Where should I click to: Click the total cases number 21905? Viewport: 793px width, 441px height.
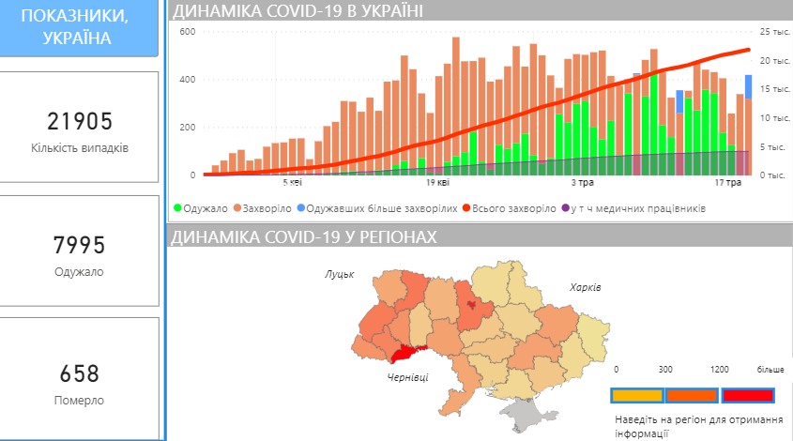tap(80, 121)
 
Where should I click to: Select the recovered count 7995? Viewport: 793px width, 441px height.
tap(80, 246)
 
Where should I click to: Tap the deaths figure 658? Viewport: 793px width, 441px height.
tap(80, 373)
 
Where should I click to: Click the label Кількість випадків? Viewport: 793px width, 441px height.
tap(80, 148)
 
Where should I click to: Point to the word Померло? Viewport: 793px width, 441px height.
tap(80, 401)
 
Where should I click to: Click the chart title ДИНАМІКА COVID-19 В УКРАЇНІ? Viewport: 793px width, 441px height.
tap(297, 11)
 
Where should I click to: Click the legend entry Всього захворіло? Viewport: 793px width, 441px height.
tap(511, 208)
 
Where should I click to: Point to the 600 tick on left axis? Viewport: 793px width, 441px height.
tap(186, 32)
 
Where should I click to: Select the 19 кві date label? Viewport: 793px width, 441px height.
tap(435, 184)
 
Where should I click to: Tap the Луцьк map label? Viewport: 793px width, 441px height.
tap(339, 275)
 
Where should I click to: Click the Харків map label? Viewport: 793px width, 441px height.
tap(585, 286)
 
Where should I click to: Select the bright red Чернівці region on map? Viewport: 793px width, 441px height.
tap(406, 353)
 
